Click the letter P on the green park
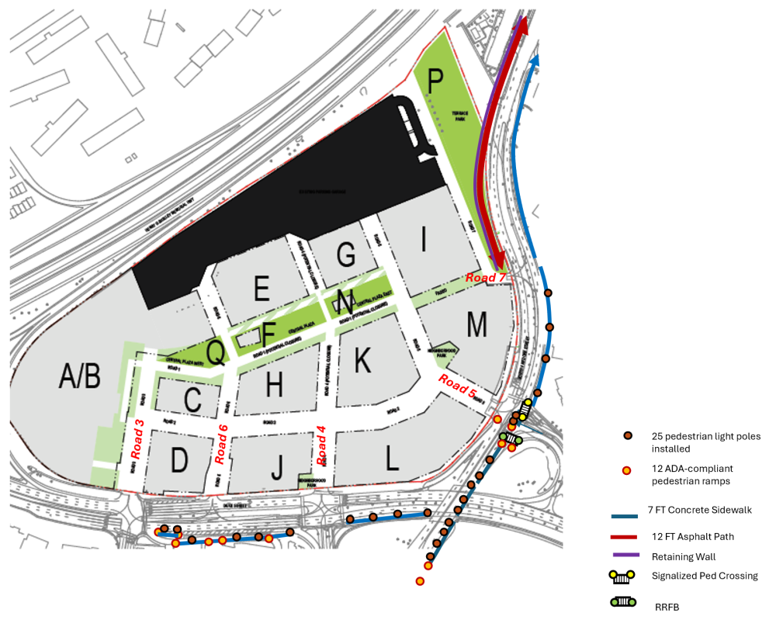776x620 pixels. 435,81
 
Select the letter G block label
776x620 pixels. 346,253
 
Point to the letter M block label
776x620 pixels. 476,324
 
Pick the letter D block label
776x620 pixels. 180,460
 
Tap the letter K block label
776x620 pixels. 362,359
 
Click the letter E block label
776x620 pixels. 262,289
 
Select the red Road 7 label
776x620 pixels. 486,277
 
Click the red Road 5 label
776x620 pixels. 457,386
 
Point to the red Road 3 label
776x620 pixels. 140,434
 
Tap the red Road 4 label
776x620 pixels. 320,442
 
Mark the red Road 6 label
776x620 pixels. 222,444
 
